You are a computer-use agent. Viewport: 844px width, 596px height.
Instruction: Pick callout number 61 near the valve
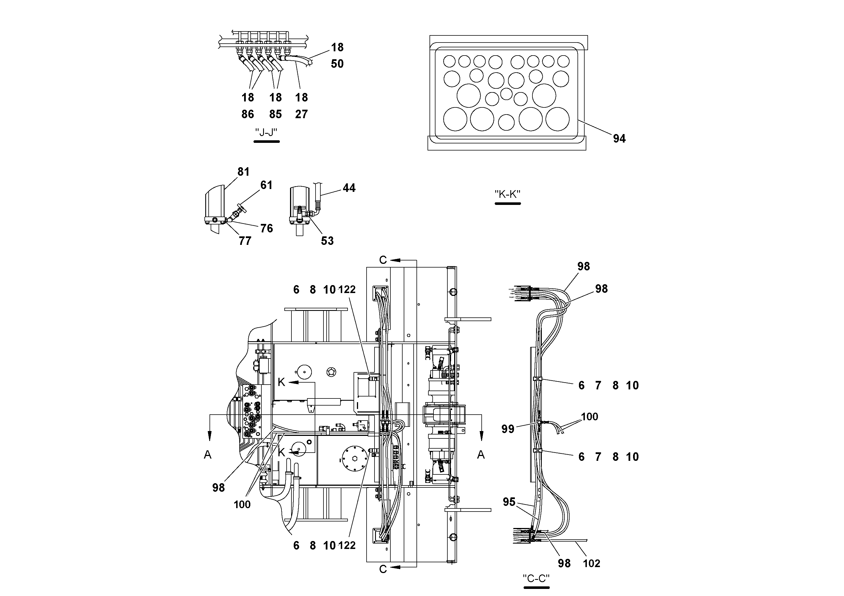point(266,185)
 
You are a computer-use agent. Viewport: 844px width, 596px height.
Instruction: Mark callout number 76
point(266,228)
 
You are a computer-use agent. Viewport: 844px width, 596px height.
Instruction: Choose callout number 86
point(248,114)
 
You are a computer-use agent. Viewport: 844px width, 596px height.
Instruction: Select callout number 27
point(301,114)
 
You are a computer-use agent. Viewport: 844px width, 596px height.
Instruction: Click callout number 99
point(508,429)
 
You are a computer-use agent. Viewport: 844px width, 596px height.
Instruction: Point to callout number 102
point(591,563)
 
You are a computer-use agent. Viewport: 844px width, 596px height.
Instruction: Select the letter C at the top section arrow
point(383,260)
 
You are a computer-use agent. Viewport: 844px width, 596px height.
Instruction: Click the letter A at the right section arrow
point(481,455)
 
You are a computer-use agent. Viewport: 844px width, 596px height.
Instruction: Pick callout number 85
point(275,114)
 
